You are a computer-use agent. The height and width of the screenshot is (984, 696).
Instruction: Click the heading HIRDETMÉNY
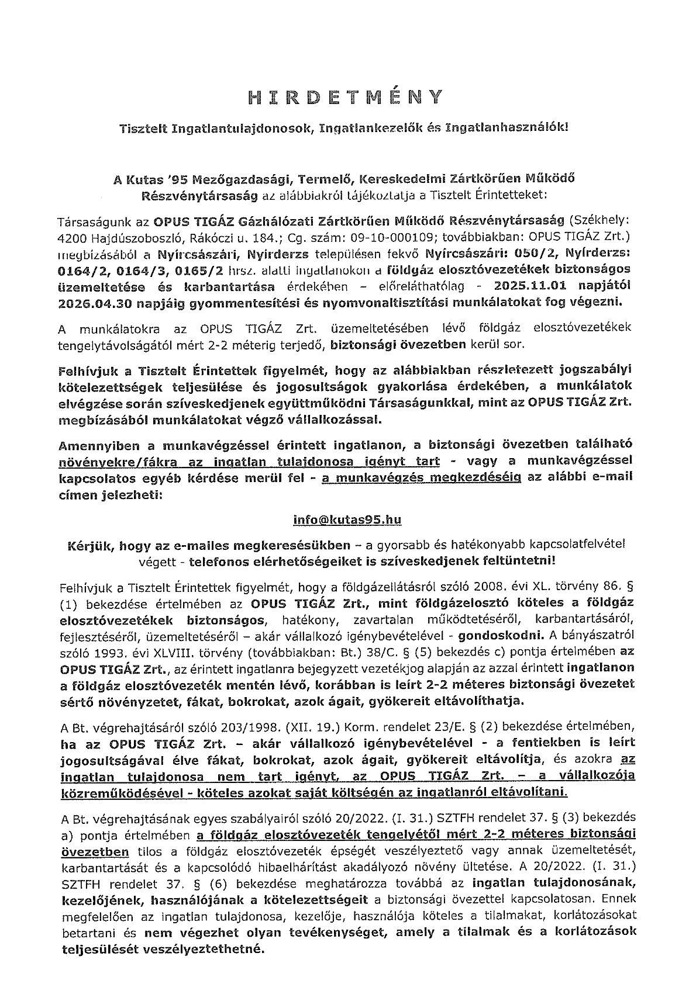tap(347, 97)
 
